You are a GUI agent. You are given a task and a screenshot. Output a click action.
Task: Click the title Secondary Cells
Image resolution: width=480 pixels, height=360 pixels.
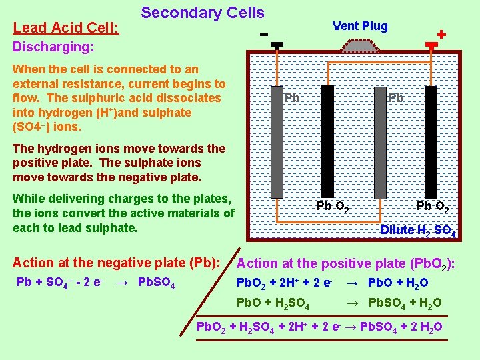pos(203,13)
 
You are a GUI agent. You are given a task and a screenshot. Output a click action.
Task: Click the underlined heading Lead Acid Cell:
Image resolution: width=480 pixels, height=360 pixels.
pos(66,28)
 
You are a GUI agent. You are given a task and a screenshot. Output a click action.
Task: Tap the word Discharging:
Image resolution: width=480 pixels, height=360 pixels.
pos(53,47)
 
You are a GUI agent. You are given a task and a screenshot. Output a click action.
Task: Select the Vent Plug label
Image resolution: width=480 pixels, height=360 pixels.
pos(360,26)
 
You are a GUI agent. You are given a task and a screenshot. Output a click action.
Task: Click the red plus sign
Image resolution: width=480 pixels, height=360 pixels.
pos(441,33)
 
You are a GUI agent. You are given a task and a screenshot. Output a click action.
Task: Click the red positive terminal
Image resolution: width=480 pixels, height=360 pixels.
pos(431,45)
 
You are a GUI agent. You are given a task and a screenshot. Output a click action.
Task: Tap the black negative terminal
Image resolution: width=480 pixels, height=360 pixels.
pos(277,45)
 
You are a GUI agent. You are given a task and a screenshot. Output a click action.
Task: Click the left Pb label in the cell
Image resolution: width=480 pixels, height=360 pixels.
pos(292,98)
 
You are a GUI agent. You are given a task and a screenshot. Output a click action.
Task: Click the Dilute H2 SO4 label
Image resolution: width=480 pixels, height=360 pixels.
pos(418,231)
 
